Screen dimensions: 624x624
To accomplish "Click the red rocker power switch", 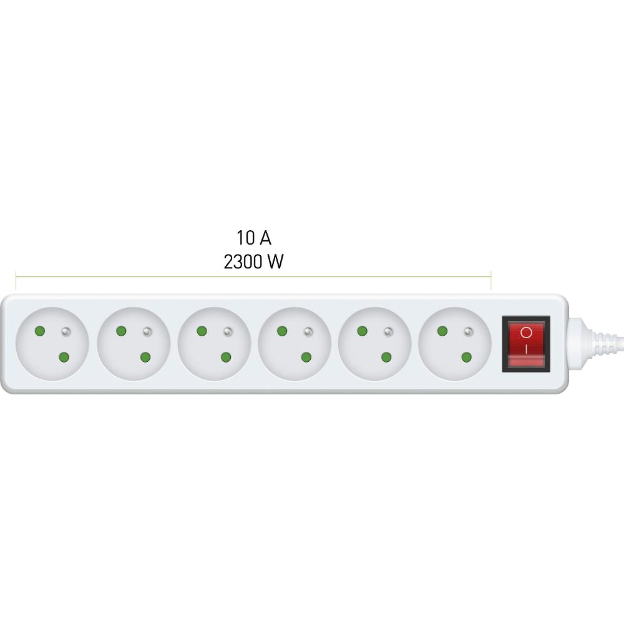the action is [x=525, y=344].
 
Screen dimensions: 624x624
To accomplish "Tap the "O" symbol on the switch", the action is [x=526, y=333].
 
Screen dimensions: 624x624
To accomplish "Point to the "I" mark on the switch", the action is [x=526, y=349].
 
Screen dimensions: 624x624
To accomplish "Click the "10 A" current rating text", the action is [x=254, y=238].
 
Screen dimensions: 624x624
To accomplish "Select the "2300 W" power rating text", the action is [x=254, y=261].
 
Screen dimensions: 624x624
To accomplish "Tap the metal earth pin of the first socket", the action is [x=66, y=331].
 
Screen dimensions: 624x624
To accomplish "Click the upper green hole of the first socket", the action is [x=40, y=331].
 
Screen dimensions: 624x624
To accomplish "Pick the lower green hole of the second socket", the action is [x=145, y=357].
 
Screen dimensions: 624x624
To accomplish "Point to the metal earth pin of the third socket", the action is [x=228, y=331].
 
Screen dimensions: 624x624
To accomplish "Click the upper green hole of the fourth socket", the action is [x=282, y=331].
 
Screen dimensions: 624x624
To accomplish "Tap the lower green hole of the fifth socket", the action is [x=386, y=357].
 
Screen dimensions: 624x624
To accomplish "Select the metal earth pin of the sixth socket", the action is [x=469, y=331].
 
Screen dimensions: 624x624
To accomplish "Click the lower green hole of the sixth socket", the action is [x=466, y=357].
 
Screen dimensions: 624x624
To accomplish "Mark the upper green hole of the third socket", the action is [x=202, y=331].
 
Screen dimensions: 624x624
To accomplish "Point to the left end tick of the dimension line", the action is [x=16, y=281].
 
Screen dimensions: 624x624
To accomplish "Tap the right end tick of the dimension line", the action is [x=490, y=281].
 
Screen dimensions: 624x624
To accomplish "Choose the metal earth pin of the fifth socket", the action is [x=388, y=331].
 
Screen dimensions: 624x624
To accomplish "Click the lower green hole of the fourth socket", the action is [x=306, y=357].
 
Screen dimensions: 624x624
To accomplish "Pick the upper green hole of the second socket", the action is [x=121, y=331].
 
